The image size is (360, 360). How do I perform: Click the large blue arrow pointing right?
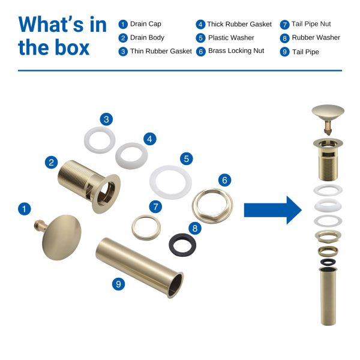273,210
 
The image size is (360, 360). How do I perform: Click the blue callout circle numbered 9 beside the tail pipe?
118,284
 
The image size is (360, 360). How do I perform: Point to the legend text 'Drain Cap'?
146,24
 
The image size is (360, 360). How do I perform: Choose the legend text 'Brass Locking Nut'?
236,51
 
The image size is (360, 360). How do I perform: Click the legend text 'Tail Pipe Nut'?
311,24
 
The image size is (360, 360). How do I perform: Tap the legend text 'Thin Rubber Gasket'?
161,51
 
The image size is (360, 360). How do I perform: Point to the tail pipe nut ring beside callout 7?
134,227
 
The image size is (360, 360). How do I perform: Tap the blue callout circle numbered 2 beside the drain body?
51,163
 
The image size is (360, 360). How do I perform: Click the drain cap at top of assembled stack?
328,112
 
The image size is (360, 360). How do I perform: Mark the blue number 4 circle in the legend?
200,25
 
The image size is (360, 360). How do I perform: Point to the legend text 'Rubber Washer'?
316,37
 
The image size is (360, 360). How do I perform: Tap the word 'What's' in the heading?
52,25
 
